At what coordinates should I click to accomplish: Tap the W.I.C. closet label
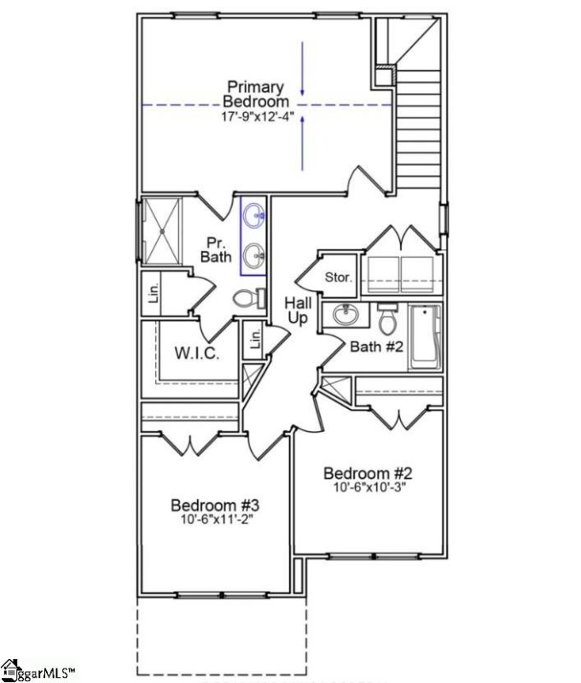198,353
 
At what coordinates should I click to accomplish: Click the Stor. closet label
338,277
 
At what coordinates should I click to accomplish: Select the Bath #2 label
373,346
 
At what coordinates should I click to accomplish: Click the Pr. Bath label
216,249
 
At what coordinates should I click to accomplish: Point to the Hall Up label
298,310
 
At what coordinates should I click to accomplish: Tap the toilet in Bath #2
387,319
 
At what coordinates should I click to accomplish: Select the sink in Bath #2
346,315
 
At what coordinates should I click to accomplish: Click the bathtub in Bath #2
425,337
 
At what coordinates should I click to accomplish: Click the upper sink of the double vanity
253,217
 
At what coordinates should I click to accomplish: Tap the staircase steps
418,128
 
